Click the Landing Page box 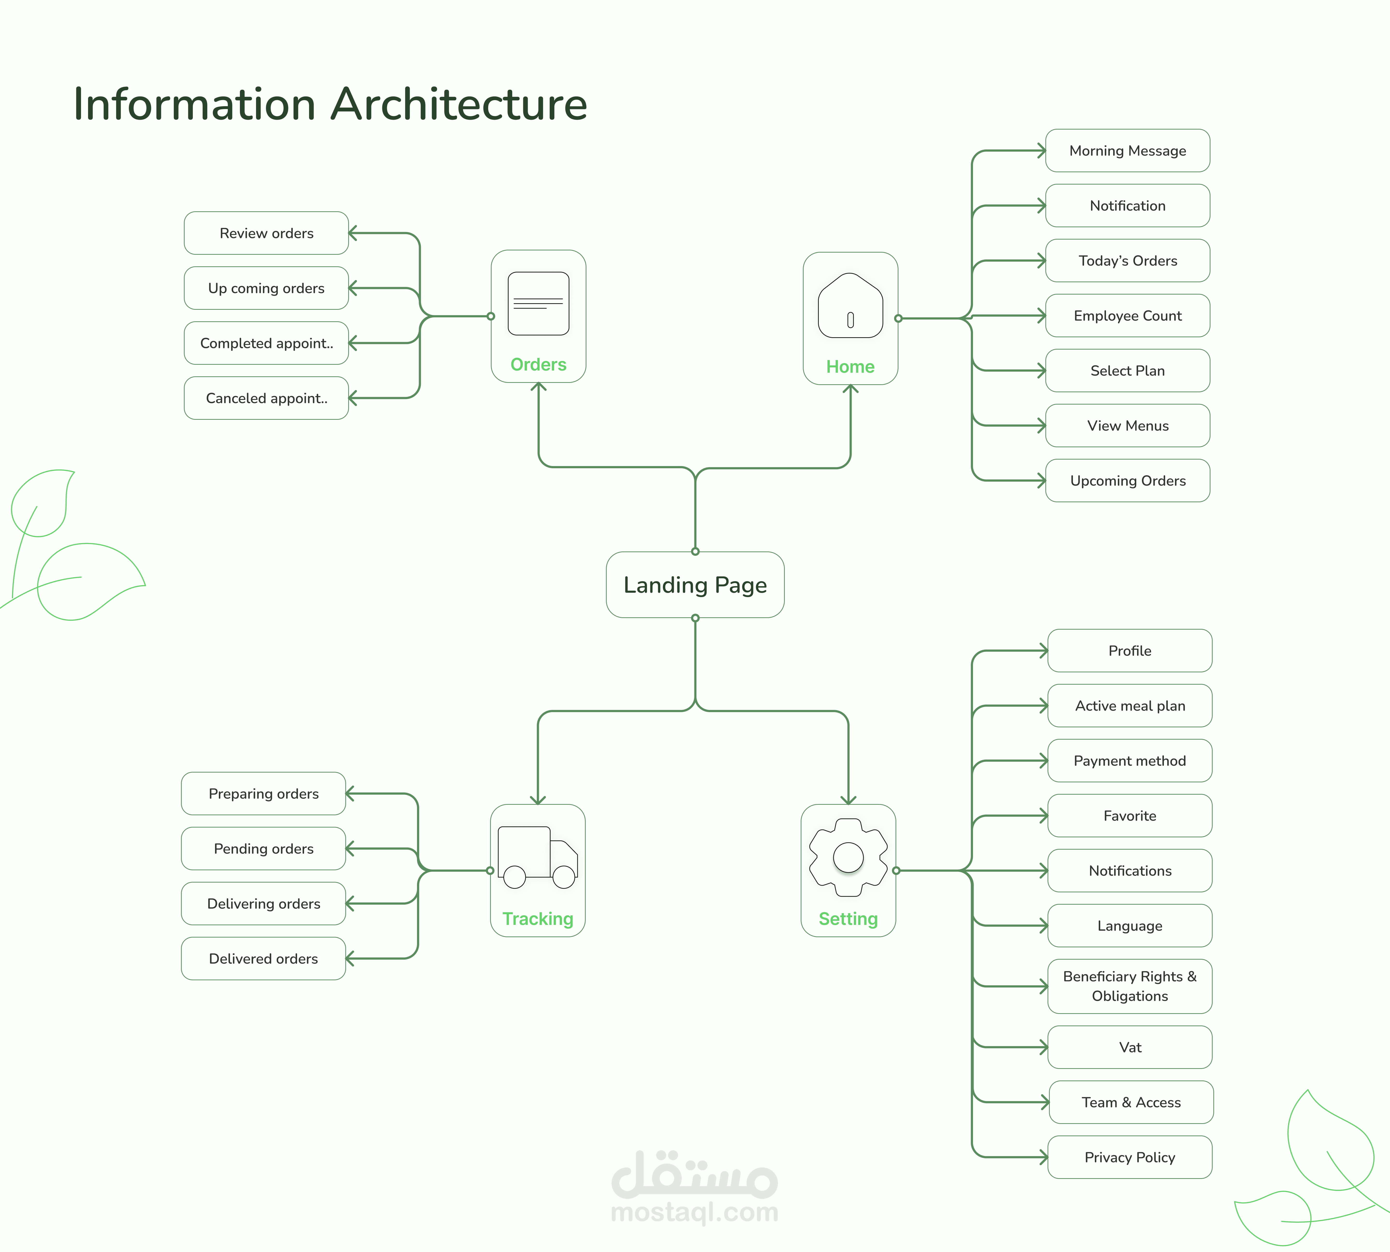(x=695, y=585)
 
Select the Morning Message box (x=1127, y=151)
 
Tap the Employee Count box (x=1127, y=316)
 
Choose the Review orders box (x=266, y=233)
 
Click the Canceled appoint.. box (x=266, y=398)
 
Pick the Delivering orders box (x=264, y=903)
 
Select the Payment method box (x=1129, y=761)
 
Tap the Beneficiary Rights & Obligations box (x=1129, y=986)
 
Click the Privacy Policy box (x=1129, y=1157)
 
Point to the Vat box (x=1129, y=1047)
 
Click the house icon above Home (x=850, y=306)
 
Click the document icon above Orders (x=538, y=303)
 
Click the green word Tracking (x=537, y=919)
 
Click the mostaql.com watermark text (x=694, y=1212)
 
